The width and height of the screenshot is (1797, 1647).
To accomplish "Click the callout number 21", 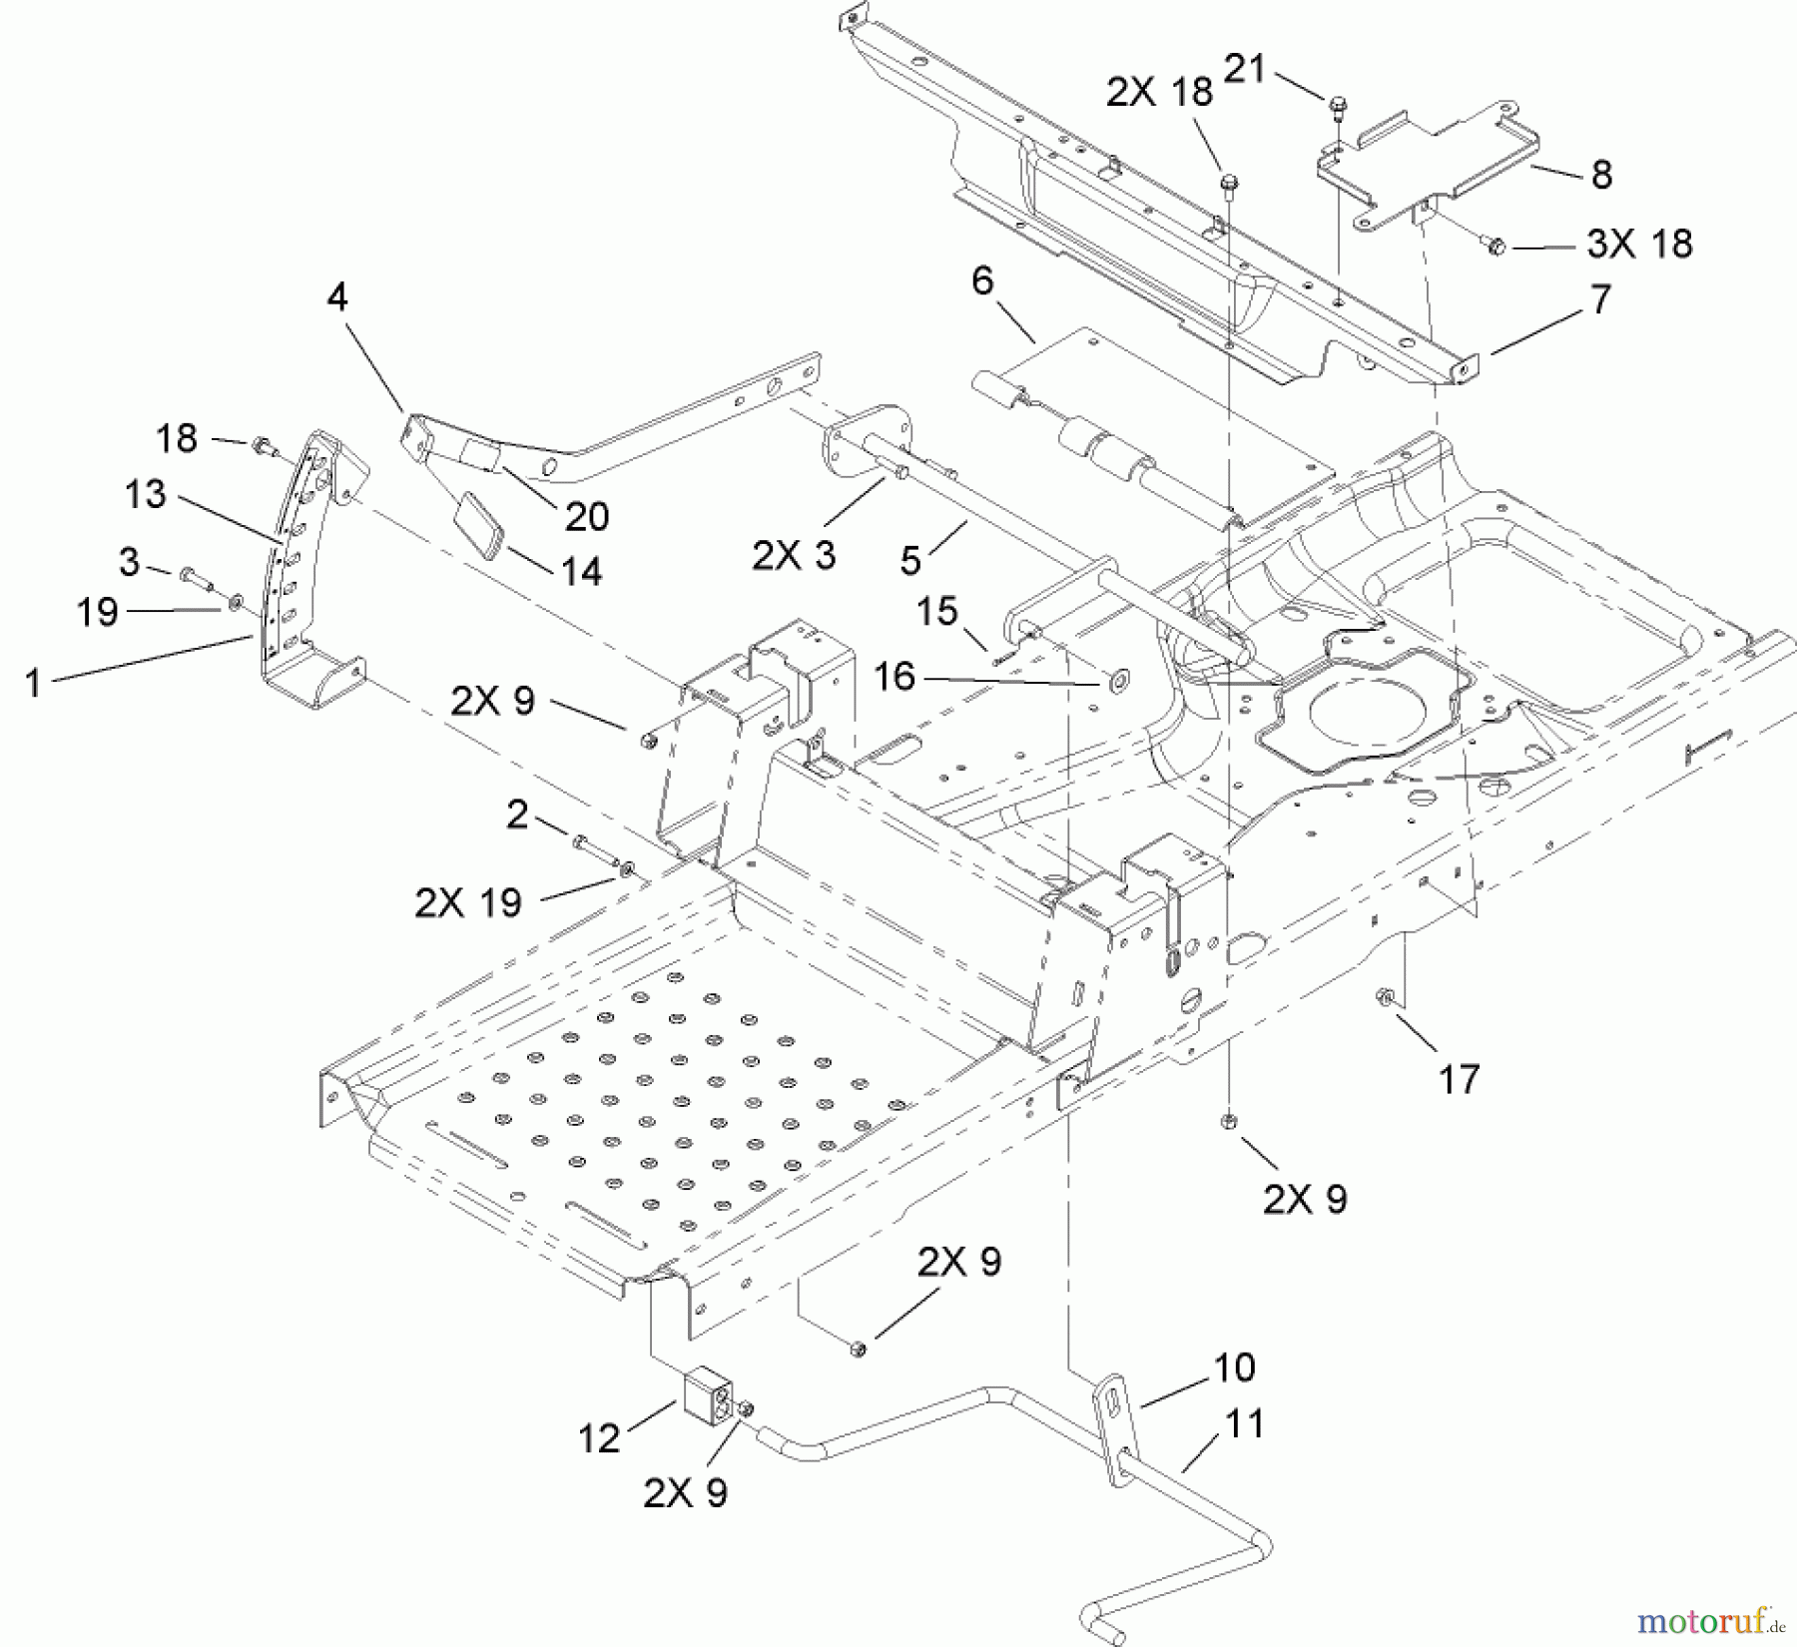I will pyautogui.click(x=1244, y=69).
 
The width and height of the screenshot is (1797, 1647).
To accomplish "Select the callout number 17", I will pyautogui.click(x=1459, y=1079).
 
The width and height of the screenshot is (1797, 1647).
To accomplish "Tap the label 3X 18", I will pyautogui.click(x=1639, y=244).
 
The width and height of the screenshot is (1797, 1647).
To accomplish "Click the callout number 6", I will pyautogui.click(x=982, y=281).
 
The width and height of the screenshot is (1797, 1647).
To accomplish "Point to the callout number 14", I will pyautogui.click(x=581, y=571).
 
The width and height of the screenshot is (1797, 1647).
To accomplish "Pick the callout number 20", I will pyautogui.click(x=586, y=516).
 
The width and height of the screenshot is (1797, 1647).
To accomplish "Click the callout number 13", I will pyautogui.click(x=146, y=493).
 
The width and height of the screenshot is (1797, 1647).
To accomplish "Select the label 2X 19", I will pyautogui.click(x=468, y=902).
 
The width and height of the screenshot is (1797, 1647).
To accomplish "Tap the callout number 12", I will pyautogui.click(x=599, y=1438).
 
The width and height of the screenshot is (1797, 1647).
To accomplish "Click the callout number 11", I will pyautogui.click(x=1244, y=1423).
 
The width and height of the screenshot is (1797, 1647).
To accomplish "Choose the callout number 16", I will pyautogui.click(x=894, y=677).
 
